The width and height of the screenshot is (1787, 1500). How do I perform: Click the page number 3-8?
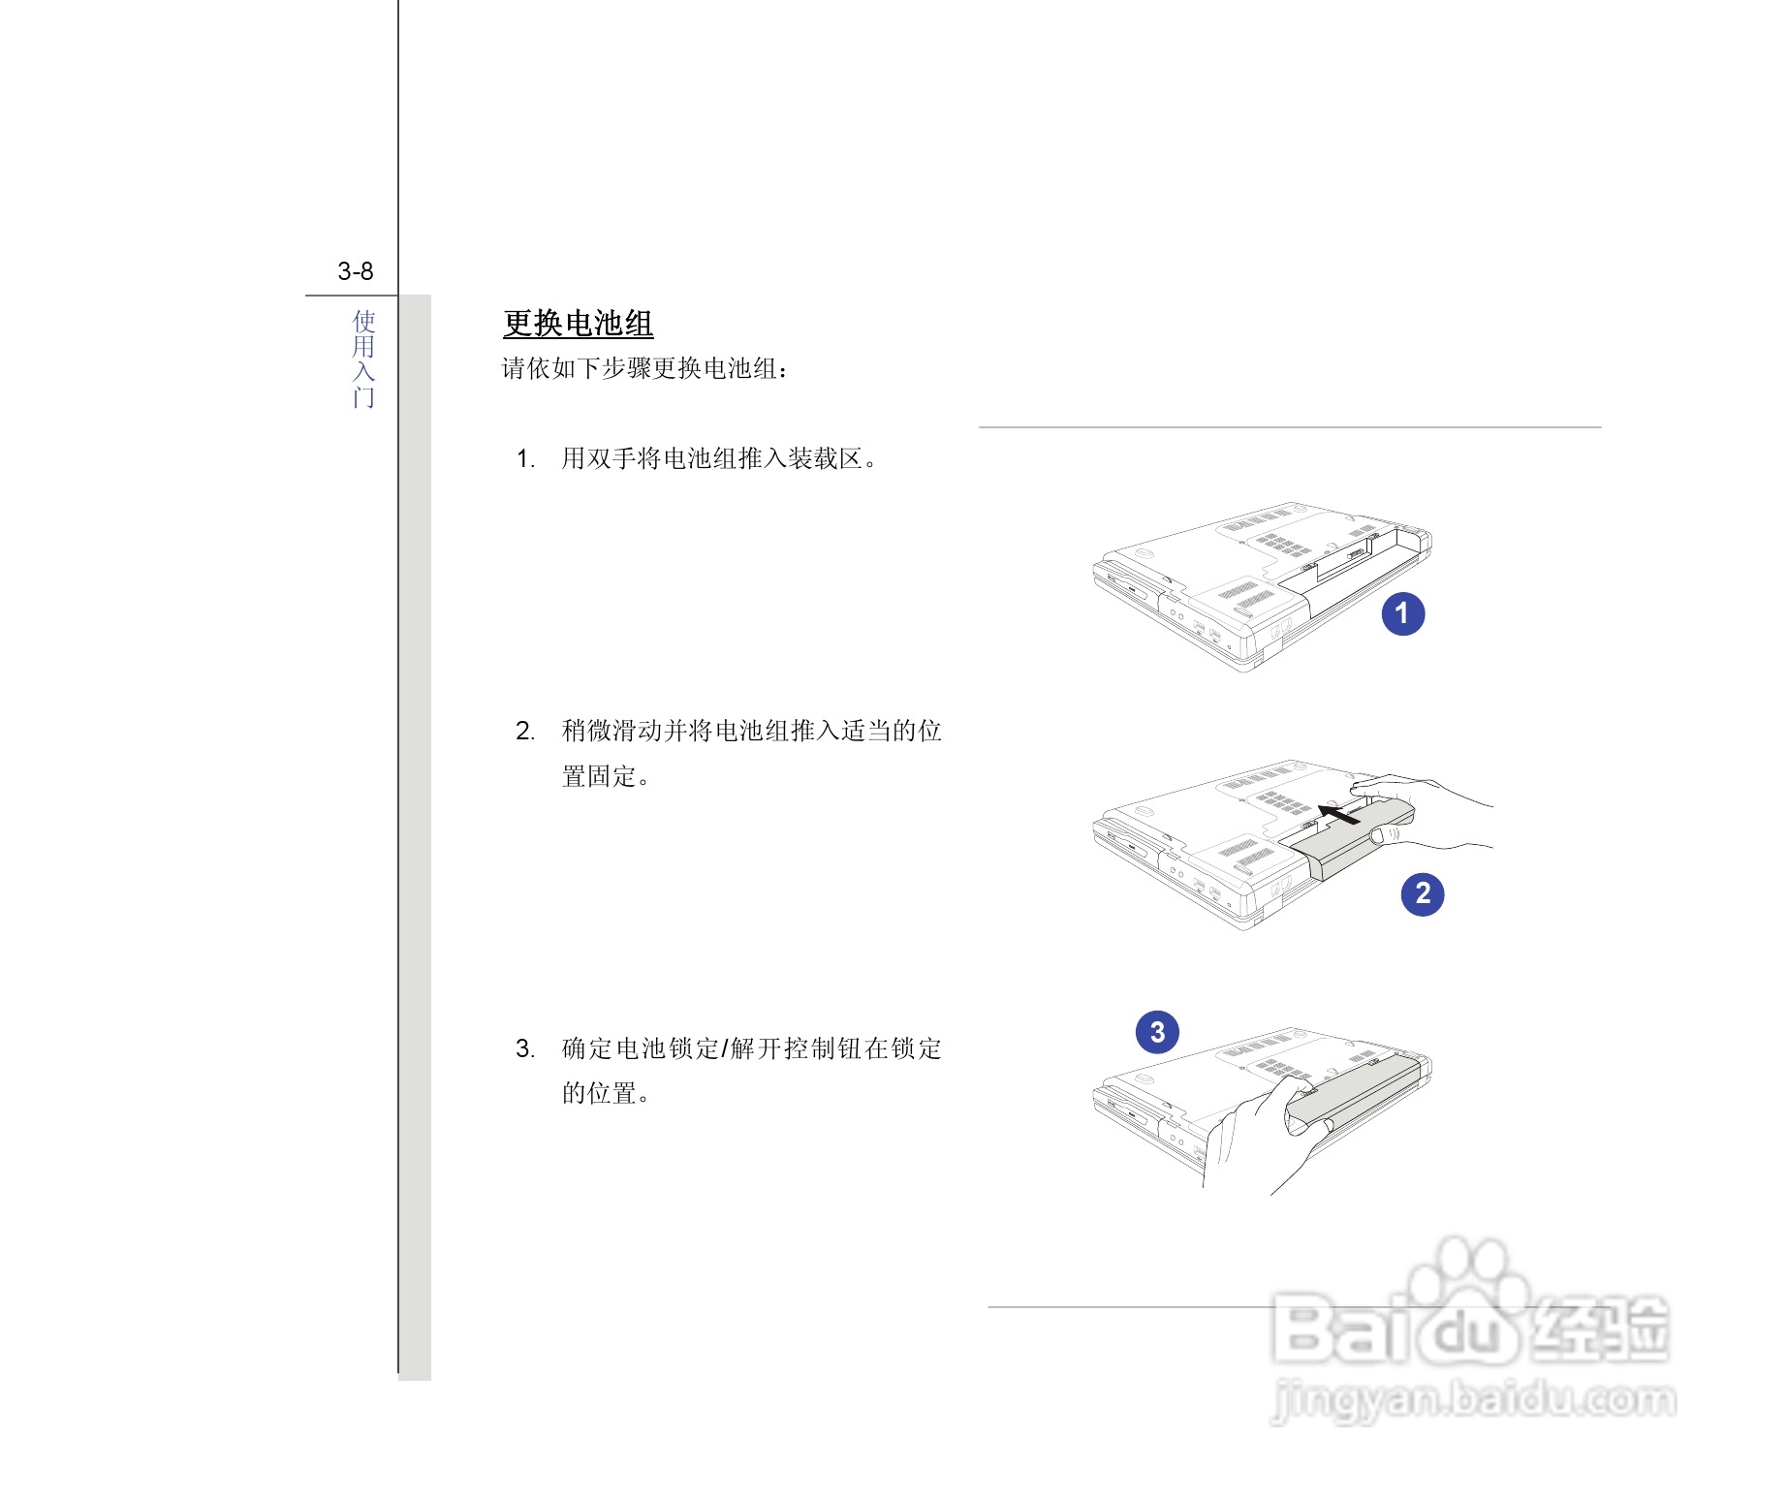pyautogui.click(x=355, y=271)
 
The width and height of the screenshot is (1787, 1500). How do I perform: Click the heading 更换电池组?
pyautogui.click(x=578, y=324)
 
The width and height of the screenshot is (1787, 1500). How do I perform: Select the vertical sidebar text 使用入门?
pyautogui.click(x=363, y=359)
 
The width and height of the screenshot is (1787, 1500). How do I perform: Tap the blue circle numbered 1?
pyautogui.click(x=1402, y=613)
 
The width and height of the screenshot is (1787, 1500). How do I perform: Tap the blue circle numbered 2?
pyautogui.click(x=1422, y=892)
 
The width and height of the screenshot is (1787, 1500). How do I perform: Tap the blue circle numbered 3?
pyautogui.click(x=1157, y=1032)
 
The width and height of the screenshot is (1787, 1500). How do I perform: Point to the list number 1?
pyautogui.click(x=525, y=459)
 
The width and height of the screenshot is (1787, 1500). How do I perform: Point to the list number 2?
pyautogui.click(x=525, y=732)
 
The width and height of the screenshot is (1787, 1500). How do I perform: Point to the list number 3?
pyautogui.click(x=525, y=1049)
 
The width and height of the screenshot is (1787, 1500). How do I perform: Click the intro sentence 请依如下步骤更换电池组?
pyautogui.click(x=644, y=369)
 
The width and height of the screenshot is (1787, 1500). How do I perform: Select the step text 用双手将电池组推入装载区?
pyautogui.click(x=719, y=459)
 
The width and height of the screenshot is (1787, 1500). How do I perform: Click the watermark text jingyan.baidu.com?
pyautogui.click(x=1473, y=1399)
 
